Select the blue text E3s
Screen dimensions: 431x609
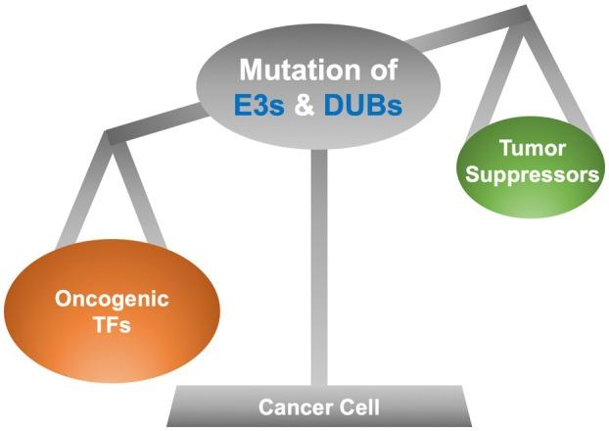click(257, 105)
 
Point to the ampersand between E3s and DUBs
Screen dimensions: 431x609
click(306, 105)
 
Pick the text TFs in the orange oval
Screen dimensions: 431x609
click(115, 328)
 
